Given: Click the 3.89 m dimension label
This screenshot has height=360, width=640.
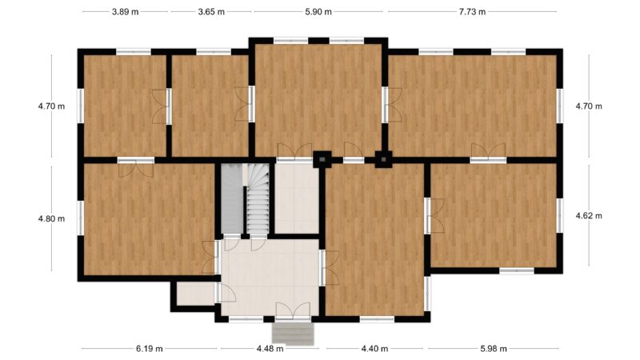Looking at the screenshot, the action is click(126, 12).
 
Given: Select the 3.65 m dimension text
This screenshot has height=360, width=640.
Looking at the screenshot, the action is click(211, 12).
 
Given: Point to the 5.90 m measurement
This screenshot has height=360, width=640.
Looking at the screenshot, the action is click(318, 12).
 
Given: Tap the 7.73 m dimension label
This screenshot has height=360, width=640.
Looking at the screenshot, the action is click(472, 12).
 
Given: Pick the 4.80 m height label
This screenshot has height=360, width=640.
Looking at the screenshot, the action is click(51, 218).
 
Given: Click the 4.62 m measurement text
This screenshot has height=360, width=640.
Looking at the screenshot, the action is click(589, 215).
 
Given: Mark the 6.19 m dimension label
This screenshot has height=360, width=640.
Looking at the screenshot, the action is click(150, 349).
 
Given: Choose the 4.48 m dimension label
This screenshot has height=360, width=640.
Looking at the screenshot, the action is click(270, 349).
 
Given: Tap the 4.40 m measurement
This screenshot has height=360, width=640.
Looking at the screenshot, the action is click(374, 349).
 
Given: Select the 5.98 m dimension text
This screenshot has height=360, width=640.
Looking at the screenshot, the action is click(494, 349).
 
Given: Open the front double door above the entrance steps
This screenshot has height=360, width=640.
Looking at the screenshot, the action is click(293, 311).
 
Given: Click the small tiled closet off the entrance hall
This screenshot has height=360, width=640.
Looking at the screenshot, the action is click(196, 294).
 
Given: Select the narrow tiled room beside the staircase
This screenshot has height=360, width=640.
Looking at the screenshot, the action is click(297, 198).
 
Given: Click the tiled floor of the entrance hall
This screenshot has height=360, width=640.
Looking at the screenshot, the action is click(270, 278).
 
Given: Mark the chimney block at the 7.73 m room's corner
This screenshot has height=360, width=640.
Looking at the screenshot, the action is click(383, 159).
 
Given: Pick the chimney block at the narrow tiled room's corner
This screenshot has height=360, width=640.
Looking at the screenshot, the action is click(322, 159).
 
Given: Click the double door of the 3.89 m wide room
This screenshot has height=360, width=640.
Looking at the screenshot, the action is click(162, 106).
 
